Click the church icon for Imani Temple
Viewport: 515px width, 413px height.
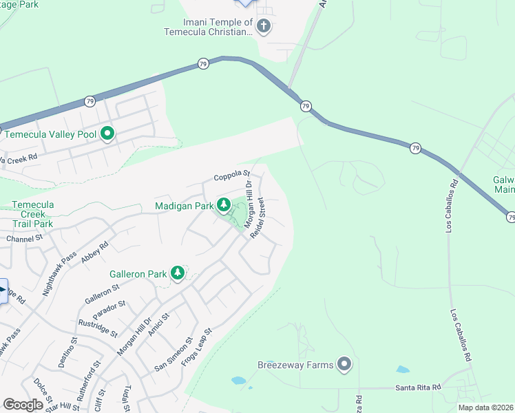(x=262, y=27)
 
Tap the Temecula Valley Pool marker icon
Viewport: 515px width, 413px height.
(x=107, y=134)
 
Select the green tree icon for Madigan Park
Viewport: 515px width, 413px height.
(x=224, y=204)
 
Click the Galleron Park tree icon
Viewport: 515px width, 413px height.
(x=178, y=273)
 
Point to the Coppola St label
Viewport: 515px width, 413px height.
(x=231, y=176)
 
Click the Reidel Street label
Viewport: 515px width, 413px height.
(x=257, y=219)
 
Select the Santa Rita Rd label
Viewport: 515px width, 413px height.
(x=418, y=388)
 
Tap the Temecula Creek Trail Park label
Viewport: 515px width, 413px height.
(x=33, y=214)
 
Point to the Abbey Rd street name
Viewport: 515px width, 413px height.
(x=94, y=254)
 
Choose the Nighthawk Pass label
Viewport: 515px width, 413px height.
(x=59, y=274)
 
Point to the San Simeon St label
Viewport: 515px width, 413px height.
(x=172, y=353)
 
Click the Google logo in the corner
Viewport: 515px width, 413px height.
(x=23, y=404)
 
